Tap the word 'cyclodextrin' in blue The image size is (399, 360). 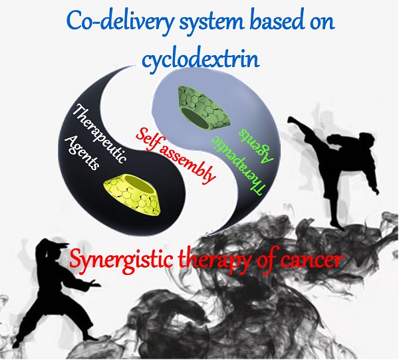[201, 58]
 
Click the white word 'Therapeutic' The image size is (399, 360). [100, 134]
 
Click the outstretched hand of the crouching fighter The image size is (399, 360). [96, 284]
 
